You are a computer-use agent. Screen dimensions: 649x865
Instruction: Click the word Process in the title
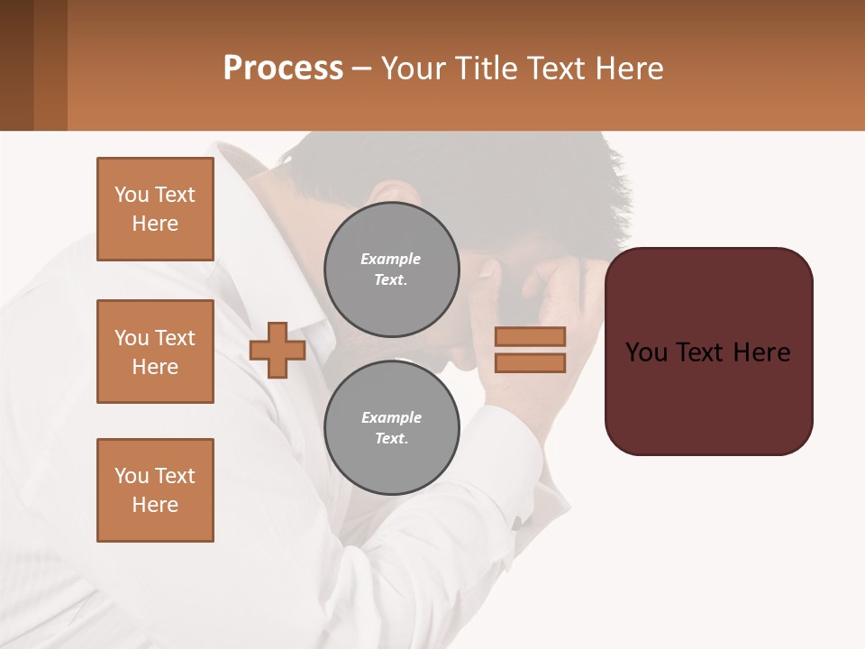click(283, 69)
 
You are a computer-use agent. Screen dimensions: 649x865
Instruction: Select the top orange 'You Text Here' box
click(155, 209)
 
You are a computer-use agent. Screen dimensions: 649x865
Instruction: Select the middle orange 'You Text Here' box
click(155, 352)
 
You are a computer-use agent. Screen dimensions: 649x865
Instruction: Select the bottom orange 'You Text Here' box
click(155, 490)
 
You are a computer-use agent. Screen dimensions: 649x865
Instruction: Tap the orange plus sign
click(278, 351)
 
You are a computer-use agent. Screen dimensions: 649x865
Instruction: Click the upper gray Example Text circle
click(391, 269)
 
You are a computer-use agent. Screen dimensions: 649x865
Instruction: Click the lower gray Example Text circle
click(391, 427)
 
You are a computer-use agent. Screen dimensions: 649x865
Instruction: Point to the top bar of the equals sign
click(530, 336)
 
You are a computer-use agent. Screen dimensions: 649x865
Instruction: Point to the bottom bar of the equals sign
click(530, 363)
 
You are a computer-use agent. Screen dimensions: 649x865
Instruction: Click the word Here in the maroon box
click(761, 352)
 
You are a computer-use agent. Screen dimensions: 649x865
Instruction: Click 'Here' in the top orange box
click(155, 224)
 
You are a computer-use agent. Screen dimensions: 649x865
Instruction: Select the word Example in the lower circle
click(391, 417)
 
